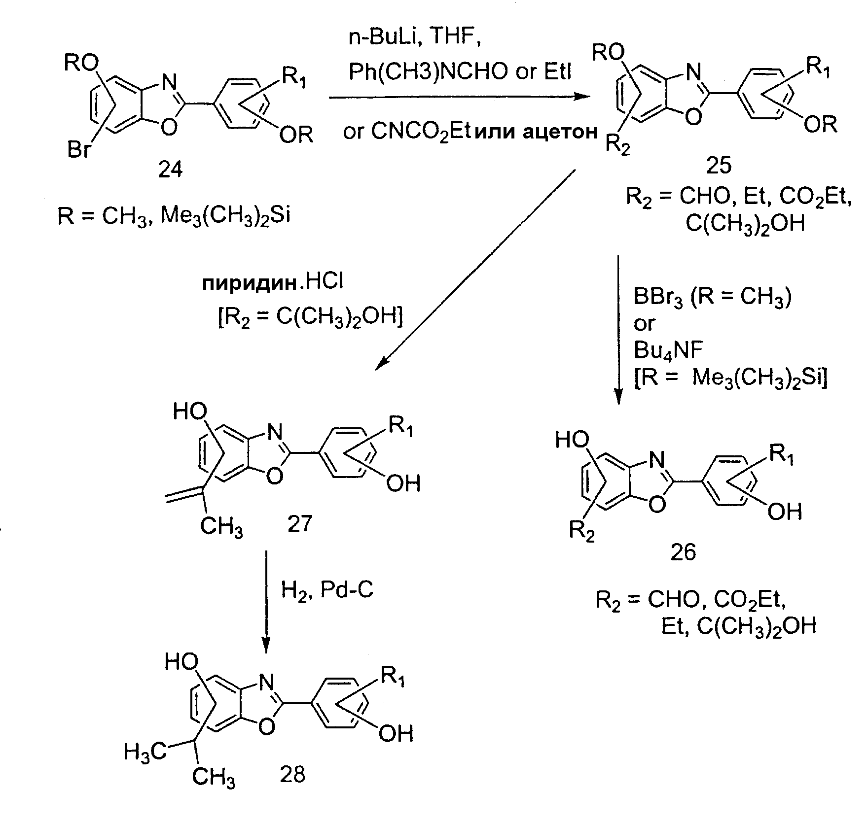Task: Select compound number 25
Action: tap(719, 166)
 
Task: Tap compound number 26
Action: tap(683, 552)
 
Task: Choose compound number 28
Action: tap(292, 775)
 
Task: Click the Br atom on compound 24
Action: tap(79, 150)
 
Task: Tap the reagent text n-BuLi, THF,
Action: tap(415, 38)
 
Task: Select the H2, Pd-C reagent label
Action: tap(327, 589)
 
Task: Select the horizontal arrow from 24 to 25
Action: tap(459, 97)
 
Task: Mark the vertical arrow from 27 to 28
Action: tap(266, 602)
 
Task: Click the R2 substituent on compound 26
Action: tap(582, 532)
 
